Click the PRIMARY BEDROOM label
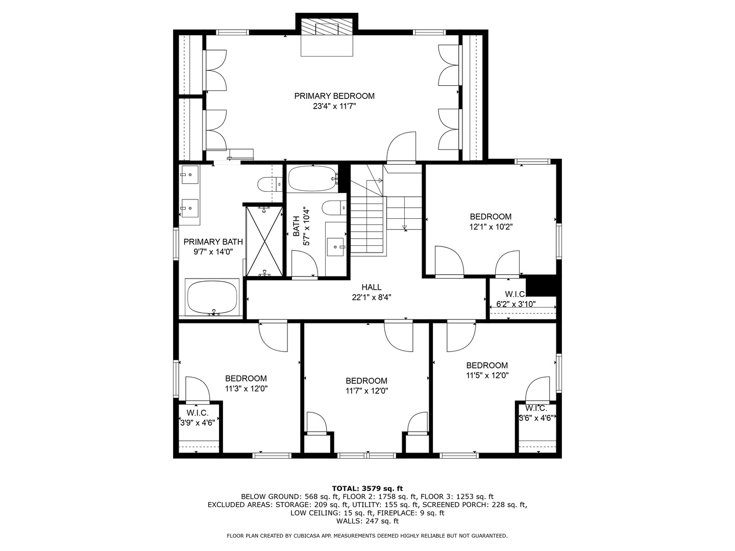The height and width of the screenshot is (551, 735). pos(334,96)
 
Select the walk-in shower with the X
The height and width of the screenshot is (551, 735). pos(264,241)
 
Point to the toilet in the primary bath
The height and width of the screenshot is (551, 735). pos(269,184)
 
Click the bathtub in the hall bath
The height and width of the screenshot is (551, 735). pos(312,179)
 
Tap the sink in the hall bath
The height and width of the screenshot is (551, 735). pos(335,247)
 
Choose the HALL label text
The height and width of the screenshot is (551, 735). pos(372,287)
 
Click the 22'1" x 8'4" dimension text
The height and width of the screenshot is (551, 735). pos(372,297)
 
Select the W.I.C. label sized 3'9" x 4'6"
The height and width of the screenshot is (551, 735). pos(198,413)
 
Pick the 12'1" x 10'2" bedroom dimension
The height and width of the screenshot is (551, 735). pos(491,227)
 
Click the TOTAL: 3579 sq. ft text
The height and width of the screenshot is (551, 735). pos(367,489)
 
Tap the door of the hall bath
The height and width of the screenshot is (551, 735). pos(305,264)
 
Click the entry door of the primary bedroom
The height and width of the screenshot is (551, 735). pos(401,147)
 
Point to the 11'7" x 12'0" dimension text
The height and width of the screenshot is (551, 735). pos(366,391)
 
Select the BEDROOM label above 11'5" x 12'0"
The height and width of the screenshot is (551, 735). pos(487,365)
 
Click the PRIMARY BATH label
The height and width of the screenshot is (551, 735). pos(213,241)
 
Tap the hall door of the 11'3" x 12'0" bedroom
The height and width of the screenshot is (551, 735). pos(273,336)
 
